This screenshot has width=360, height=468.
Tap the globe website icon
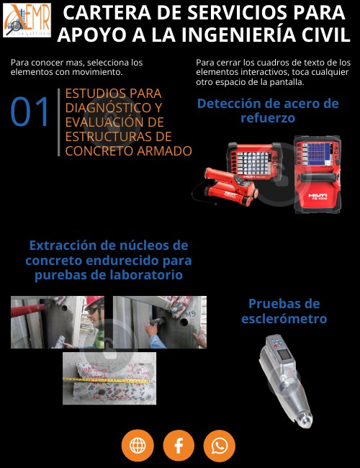click(x=138, y=446)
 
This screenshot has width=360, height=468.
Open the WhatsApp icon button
click(x=220, y=446)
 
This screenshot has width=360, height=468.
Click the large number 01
click(x=30, y=112)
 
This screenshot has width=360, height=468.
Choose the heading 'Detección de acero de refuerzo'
click(x=267, y=110)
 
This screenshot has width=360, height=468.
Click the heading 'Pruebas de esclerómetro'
click(x=284, y=311)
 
